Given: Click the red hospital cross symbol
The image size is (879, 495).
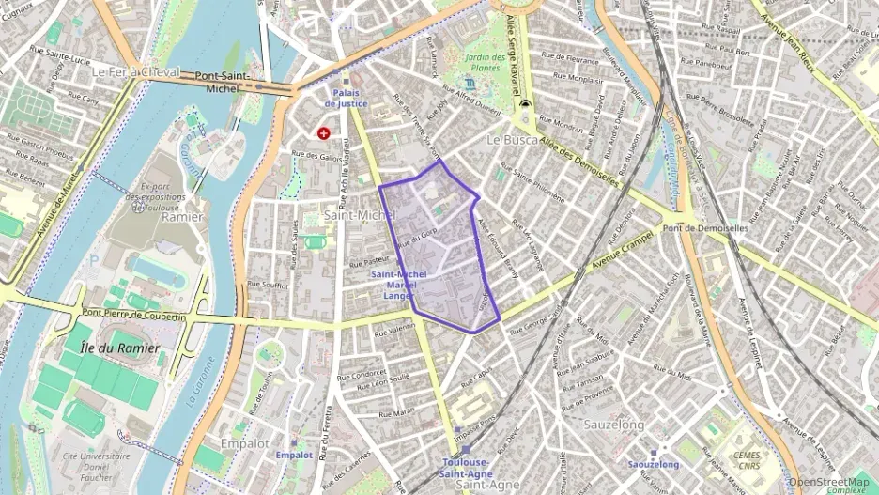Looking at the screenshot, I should pyautogui.click(x=325, y=134).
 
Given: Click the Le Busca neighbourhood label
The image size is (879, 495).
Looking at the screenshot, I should pyautogui.click(x=512, y=139).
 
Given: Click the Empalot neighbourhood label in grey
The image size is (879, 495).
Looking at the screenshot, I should pyautogui.click(x=245, y=442).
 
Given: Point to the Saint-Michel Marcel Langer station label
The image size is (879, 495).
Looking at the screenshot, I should pyautogui.click(x=399, y=285).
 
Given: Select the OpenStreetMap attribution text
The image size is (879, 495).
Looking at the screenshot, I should pyautogui.click(x=829, y=482).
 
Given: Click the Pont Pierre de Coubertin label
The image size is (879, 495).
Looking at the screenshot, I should pyautogui.click(x=133, y=317).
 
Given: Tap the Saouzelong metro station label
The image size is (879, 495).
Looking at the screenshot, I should pyautogui.click(x=653, y=464).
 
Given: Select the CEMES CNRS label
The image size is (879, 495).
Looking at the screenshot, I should pyautogui.click(x=748, y=457).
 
